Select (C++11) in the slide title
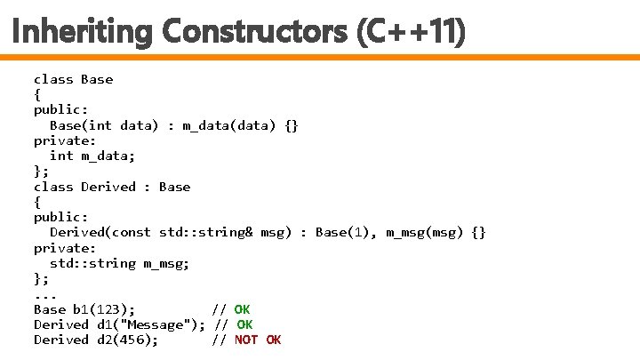[410, 33]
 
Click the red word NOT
[246, 340]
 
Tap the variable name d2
[105, 340]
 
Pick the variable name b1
[81, 309]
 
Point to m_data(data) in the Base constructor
[229, 125]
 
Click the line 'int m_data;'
[84, 156]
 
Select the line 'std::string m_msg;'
[119, 263]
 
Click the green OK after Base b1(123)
[242, 309]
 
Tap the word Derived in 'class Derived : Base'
[108, 187]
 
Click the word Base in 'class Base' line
[97, 79]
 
